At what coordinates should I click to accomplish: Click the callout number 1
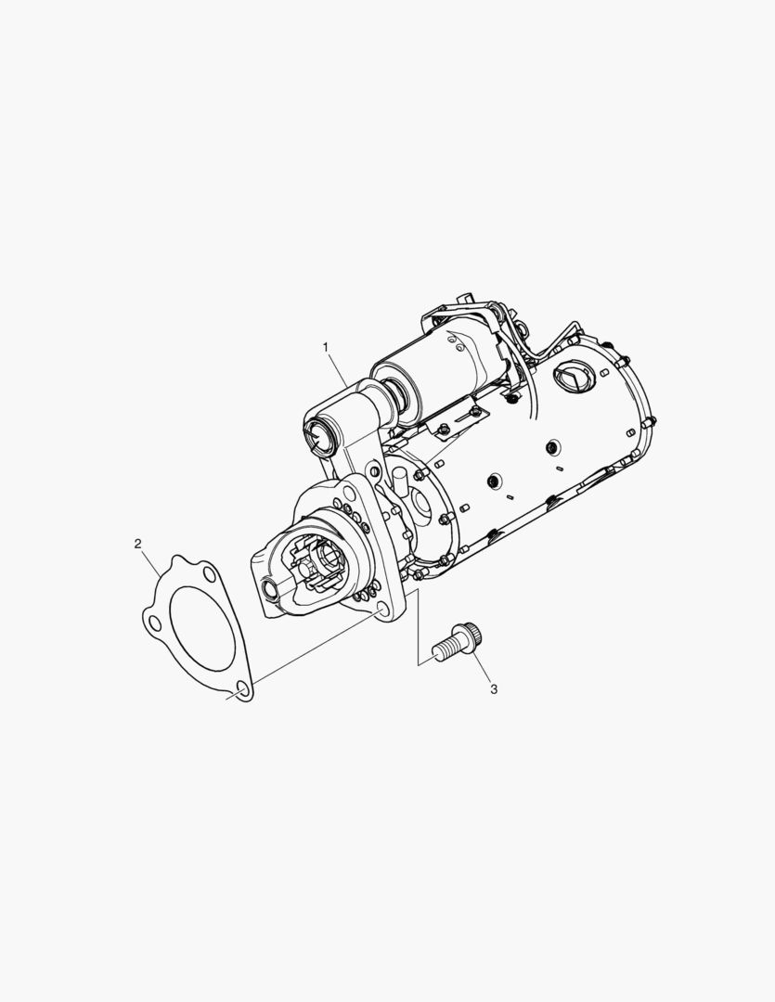tap(326, 346)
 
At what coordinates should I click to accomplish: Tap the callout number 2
tap(137, 543)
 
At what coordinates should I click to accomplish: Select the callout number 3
tap(494, 689)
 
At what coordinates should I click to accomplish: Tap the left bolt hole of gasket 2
tap(151, 618)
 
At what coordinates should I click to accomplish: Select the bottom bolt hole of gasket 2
tap(241, 689)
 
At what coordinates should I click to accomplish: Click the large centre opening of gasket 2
tap(202, 628)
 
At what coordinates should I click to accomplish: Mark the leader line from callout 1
tap(339, 366)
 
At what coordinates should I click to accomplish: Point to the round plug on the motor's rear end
tap(572, 378)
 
